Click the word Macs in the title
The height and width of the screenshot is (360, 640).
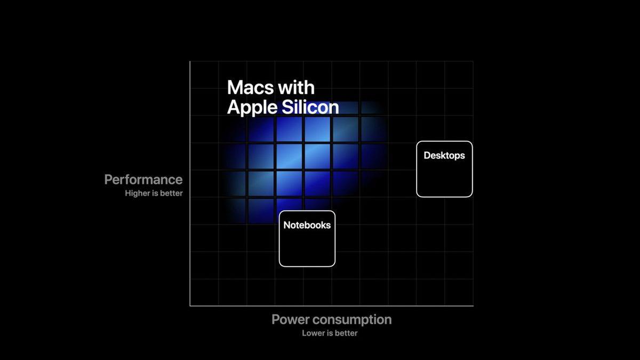(248, 87)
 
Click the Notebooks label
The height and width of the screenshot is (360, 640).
(307, 225)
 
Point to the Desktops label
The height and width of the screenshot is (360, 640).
(444, 156)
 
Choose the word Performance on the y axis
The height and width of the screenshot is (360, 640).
(143, 180)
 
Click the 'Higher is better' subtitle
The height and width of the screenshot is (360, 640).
(154, 193)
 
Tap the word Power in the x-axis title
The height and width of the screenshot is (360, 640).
(291, 319)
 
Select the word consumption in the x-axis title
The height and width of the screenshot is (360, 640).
(352, 319)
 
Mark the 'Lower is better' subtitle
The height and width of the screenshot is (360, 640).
(330, 333)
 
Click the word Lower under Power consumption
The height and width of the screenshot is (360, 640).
(313, 333)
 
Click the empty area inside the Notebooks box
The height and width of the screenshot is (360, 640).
(307, 248)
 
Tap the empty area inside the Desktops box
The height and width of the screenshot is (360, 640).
(444, 179)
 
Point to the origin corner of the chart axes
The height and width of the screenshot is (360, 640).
(190, 306)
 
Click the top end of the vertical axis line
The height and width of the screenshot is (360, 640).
(190, 62)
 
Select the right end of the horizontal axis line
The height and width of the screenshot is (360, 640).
(473, 306)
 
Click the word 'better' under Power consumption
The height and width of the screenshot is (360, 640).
(346, 333)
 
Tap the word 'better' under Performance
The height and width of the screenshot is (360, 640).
(171, 193)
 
